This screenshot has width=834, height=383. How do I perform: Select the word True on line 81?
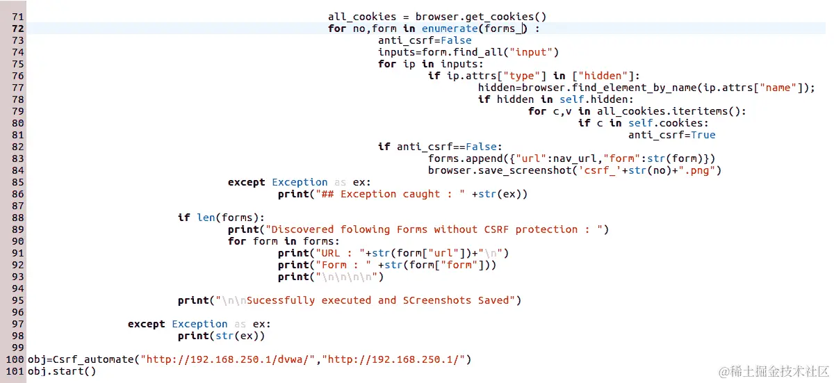(703, 135)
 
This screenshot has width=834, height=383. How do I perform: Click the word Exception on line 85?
(300, 182)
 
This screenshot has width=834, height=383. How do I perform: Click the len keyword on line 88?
(206, 218)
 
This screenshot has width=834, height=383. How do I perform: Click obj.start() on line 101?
(62, 371)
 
